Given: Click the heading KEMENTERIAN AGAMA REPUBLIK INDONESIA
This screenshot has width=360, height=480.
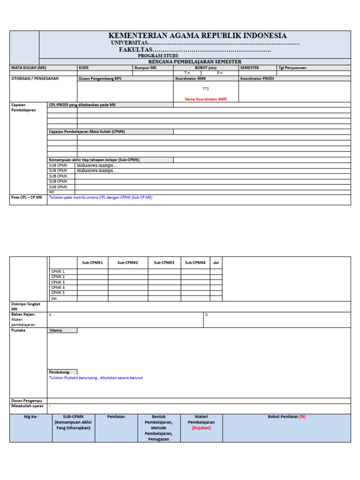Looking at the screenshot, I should [197, 36].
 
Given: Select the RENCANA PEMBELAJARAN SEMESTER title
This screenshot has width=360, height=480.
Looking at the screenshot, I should [195, 61].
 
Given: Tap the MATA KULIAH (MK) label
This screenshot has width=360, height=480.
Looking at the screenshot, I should [29, 67].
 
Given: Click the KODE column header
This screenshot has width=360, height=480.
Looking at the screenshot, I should [84, 67].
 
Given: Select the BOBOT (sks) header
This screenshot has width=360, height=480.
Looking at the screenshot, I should [206, 67].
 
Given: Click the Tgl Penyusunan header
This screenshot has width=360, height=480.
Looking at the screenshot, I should [292, 67].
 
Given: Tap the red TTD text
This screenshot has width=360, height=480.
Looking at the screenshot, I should [206, 89].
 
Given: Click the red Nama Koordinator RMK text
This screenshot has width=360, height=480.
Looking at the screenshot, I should [206, 99].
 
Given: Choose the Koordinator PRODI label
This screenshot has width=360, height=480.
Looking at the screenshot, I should [257, 78].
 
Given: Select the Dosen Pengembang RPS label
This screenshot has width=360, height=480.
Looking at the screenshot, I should [100, 78].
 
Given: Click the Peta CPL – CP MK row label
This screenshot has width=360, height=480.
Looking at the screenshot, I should [27, 197].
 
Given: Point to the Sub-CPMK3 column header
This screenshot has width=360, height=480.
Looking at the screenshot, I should [164, 263].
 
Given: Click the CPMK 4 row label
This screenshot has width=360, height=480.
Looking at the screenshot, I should [58, 287].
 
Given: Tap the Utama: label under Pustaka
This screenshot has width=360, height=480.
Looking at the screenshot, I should [56, 330].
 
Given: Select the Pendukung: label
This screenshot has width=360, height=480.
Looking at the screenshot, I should [60, 372].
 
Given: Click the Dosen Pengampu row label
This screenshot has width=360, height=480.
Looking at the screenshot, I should [27, 400].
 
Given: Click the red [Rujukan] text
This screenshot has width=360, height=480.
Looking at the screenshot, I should [201, 427].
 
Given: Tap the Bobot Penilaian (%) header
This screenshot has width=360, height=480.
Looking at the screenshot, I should [286, 416].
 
